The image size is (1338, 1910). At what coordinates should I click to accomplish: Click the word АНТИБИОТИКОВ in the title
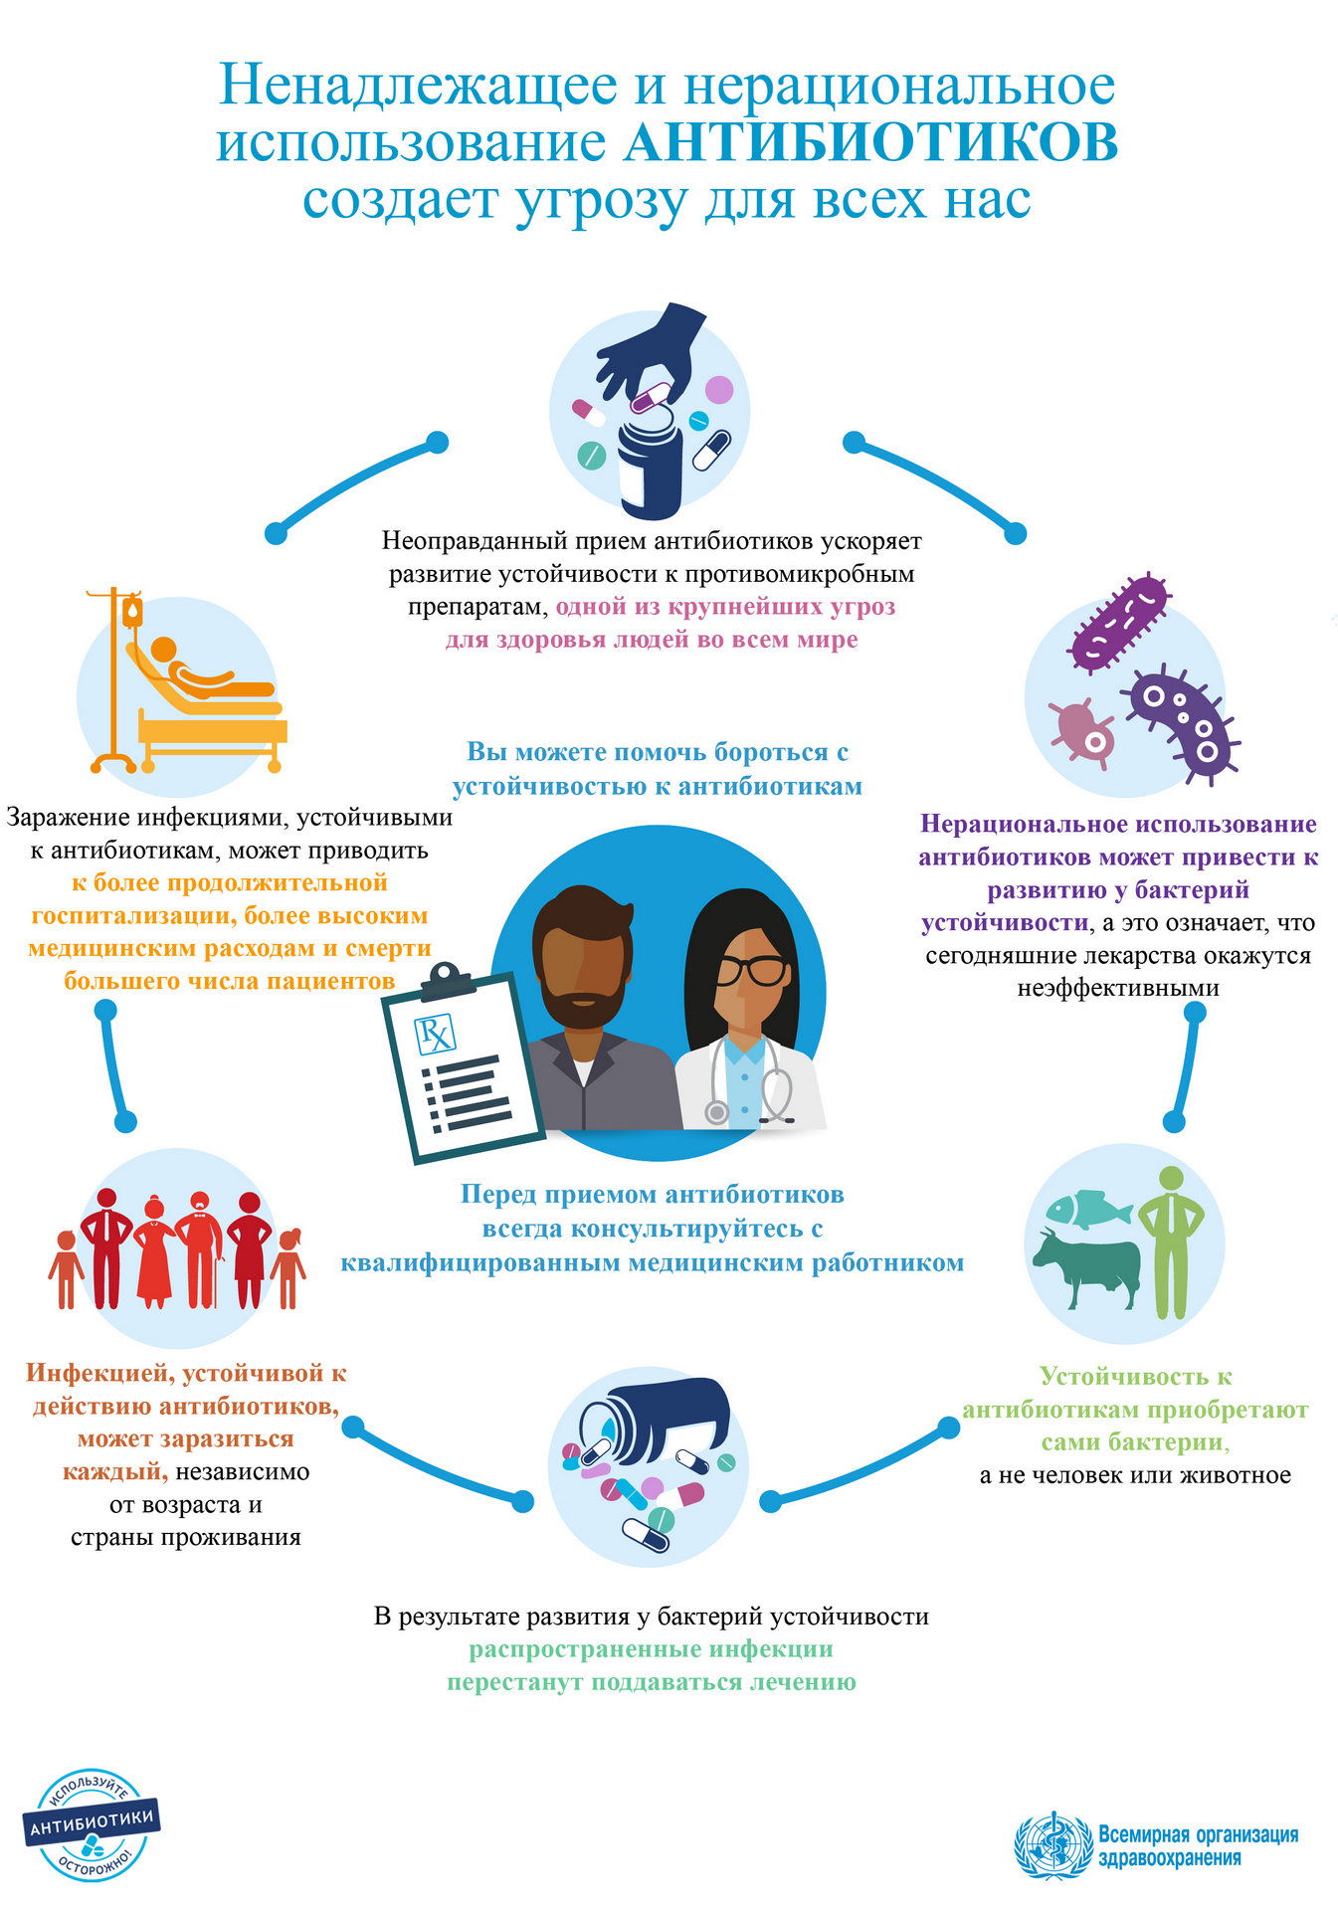click(x=870, y=143)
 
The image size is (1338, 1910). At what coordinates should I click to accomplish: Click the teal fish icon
click(x=1087, y=1208)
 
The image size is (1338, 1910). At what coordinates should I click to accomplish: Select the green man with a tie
click(x=1171, y=1240)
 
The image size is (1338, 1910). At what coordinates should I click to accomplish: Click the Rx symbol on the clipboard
click(x=435, y=1035)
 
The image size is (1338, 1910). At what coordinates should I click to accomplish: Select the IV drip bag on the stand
click(x=132, y=612)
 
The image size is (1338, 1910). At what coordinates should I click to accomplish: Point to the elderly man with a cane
click(x=200, y=1248)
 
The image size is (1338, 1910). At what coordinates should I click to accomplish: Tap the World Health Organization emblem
click(x=1051, y=1846)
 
